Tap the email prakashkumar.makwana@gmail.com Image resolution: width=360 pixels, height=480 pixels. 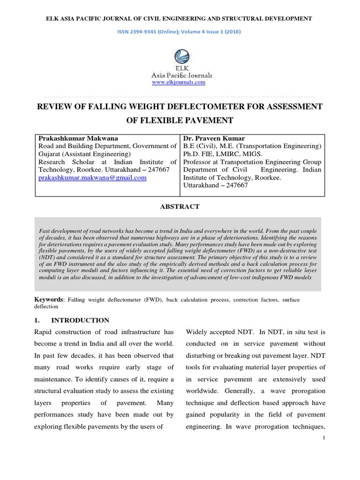(92, 178)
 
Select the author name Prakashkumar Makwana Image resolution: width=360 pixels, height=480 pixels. (78, 138)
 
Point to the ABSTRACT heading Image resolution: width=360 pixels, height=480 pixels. (180, 206)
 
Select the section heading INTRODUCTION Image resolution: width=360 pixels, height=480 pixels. (80, 320)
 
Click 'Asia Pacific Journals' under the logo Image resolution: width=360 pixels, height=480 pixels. (181, 75)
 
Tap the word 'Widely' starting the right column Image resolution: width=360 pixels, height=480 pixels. (197, 332)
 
